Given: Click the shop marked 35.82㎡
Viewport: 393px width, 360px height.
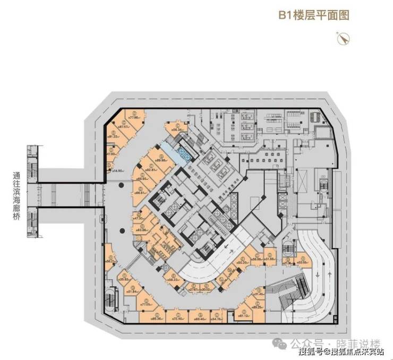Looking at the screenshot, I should [x=125, y=279].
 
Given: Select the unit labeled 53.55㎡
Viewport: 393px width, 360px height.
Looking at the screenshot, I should [x=303, y=261].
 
